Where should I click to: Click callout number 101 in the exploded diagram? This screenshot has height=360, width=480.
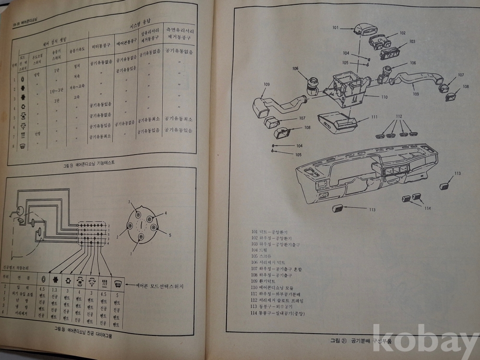point(336,28)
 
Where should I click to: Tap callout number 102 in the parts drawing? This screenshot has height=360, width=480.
point(402,33)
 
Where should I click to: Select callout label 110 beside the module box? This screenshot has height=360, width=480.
point(384,97)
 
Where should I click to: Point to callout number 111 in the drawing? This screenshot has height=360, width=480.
point(374,117)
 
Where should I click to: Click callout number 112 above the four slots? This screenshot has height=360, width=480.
point(399,117)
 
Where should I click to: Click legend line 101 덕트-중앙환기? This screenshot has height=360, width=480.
point(270,232)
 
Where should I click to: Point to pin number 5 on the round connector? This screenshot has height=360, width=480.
point(169,235)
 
